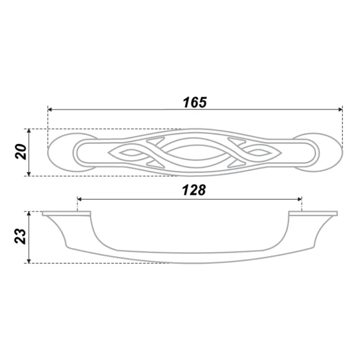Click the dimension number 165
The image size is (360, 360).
pyautogui.click(x=195, y=103)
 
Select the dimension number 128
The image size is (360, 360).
pyautogui.click(x=194, y=190)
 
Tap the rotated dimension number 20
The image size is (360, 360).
pyautogui.click(x=21, y=152)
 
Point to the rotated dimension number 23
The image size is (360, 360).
pyautogui.click(x=20, y=236)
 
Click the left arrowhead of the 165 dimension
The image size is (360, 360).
pyautogui.click(x=50, y=110)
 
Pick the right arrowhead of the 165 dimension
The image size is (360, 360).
pyautogui.click(x=340, y=110)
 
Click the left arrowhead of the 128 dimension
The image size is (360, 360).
pyautogui.click(x=80, y=199)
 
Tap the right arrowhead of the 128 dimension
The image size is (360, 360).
pyautogui.click(x=299, y=199)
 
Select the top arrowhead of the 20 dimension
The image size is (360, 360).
pyautogui.click(x=29, y=131)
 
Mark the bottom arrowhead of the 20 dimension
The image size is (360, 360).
pyautogui.click(x=29, y=173)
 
